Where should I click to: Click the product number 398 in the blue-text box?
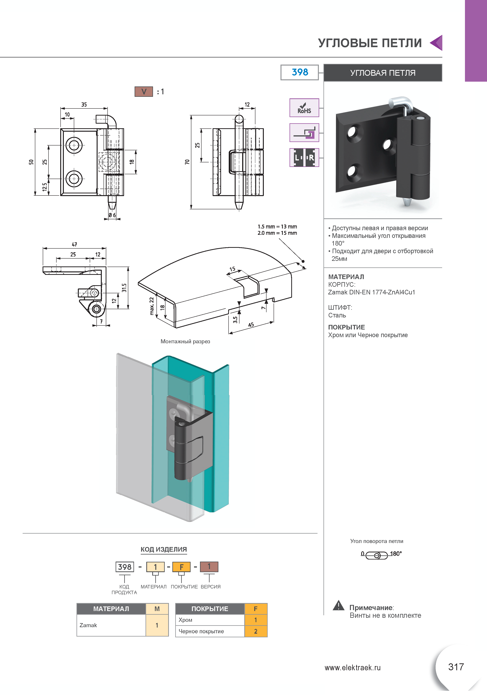coord(299,72)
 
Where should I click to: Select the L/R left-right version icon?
coord(304,157)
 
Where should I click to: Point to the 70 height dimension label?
coord(187,162)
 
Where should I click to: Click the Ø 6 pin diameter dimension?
coord(112,215)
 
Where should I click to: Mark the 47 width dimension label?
coord(75,244)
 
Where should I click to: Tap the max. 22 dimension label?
coord(152,306)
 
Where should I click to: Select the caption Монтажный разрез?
coord(185,341)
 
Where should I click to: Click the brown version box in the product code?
coord(209,566)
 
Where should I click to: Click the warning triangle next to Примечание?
coord(338,606)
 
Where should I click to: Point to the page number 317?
coord(456,667)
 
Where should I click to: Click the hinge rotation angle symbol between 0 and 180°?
coord(377,555)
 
